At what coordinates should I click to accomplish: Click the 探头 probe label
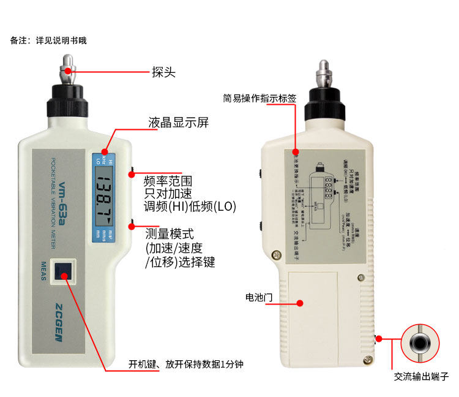[x=163, y=72]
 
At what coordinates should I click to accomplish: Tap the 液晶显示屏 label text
[x=178, y=123]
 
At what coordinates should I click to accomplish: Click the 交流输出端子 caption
[x=421, y=376]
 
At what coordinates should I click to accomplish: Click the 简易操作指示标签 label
[x=261, y=97]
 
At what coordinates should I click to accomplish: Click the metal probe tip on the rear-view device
[x=324, y=73]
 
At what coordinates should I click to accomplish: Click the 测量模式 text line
[x=169, y=234]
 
